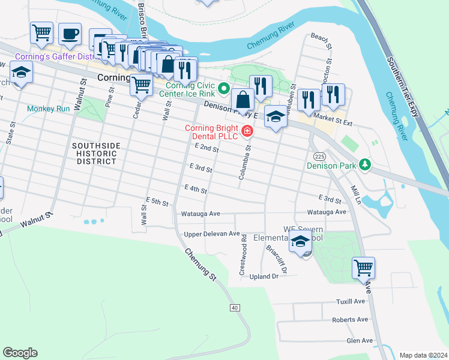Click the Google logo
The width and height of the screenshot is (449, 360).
click(20, 353)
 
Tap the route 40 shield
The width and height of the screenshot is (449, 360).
click(234, 307)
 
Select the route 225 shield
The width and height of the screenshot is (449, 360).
click(319, 156)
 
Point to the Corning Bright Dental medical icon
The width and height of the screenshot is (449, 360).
click(247, 131)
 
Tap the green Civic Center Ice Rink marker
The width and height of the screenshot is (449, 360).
click(224, 89)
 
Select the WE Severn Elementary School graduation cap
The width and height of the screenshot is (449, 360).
click(300, 242)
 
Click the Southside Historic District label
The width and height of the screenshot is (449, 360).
click(95, 154)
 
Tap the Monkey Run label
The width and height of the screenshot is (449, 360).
click(49, 109)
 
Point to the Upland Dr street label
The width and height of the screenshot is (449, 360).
click(264, 277)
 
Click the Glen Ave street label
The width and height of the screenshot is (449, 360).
click(360, 341)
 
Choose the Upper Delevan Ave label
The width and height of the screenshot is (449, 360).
click(212, 233)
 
